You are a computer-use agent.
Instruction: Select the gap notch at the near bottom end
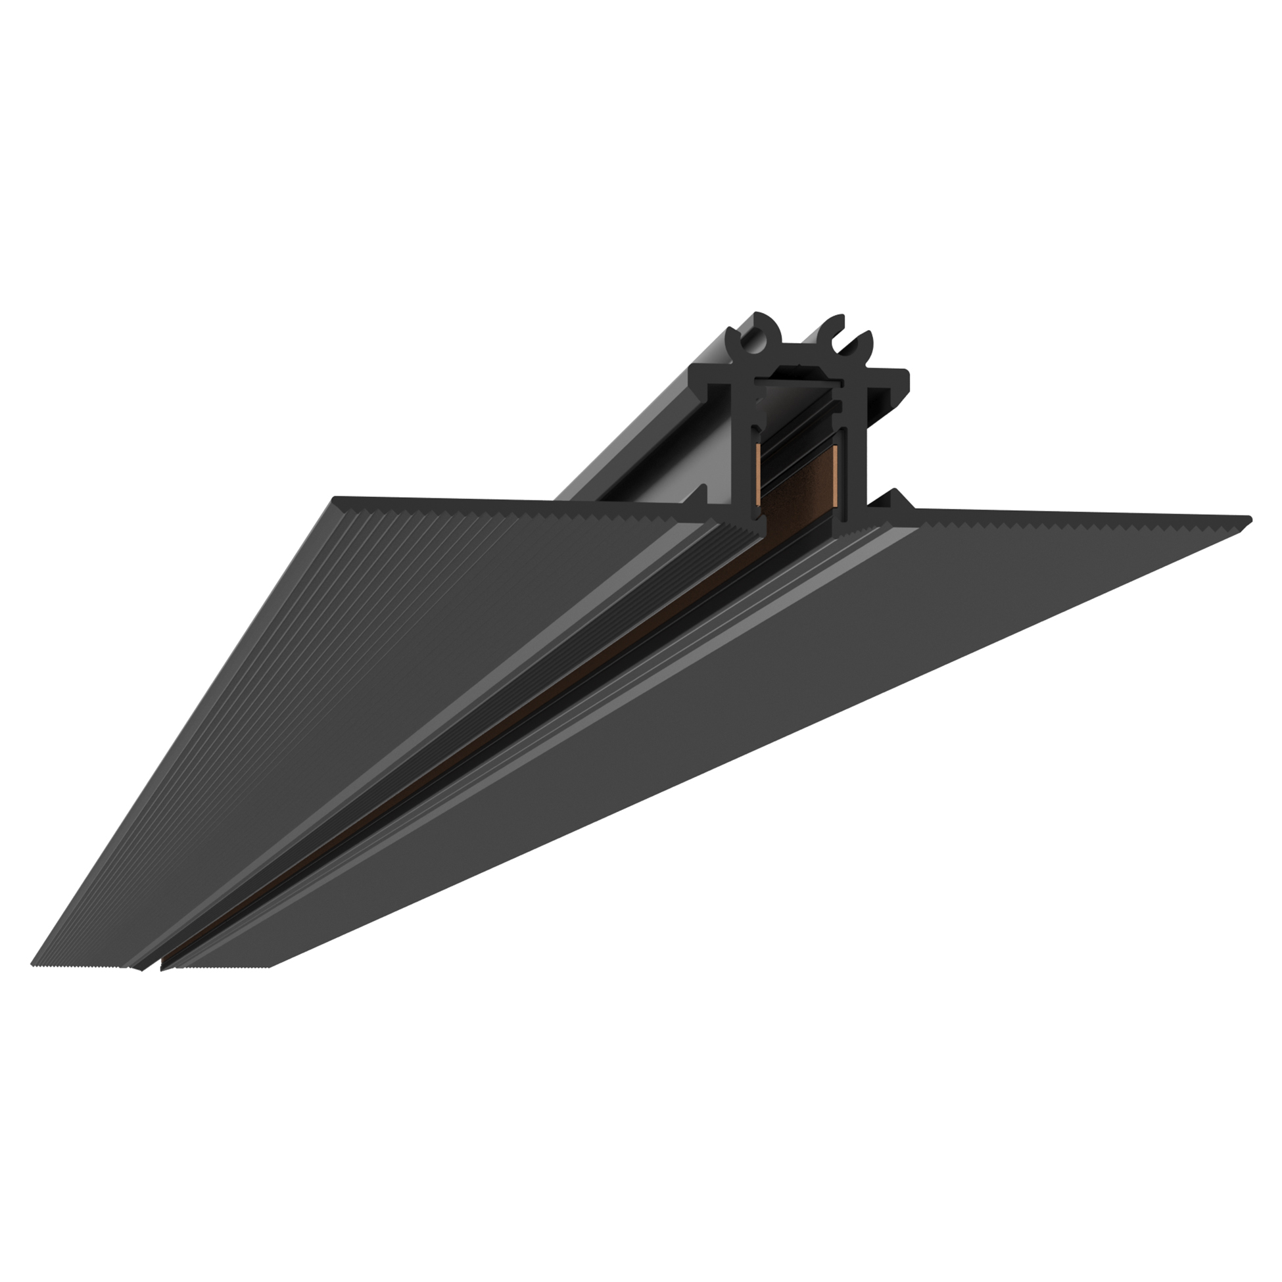[153, 969]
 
